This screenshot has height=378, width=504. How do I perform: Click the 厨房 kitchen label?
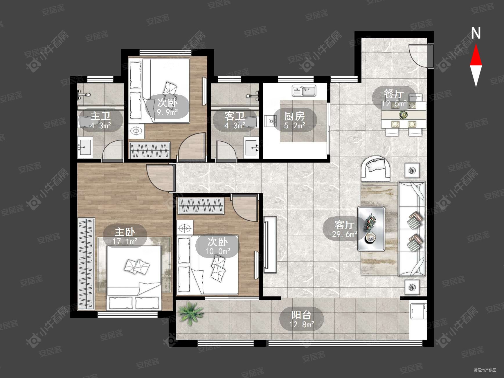tap(294, 116)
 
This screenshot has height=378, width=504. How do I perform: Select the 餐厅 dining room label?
tap(394, 94)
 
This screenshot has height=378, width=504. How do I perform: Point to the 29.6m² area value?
tap(345, 234)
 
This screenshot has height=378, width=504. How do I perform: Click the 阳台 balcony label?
tap(301, 315)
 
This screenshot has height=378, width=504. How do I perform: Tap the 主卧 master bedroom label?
tap(125, 232)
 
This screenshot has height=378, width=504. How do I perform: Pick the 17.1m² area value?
tap(125, 241)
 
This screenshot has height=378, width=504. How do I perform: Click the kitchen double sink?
tap(304, 91)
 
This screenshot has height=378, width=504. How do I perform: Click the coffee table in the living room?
tap(371, 229)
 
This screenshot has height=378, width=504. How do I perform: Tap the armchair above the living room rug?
tap(376, 169)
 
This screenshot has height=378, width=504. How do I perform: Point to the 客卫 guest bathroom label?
tap(235, 116)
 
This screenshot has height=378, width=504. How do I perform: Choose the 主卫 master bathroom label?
tap(100, 116)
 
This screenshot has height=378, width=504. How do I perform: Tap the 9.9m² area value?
tap(167, 112)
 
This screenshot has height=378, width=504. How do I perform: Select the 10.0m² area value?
tap(218, 251)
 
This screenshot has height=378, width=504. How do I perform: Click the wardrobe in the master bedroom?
tap(86, 263)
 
